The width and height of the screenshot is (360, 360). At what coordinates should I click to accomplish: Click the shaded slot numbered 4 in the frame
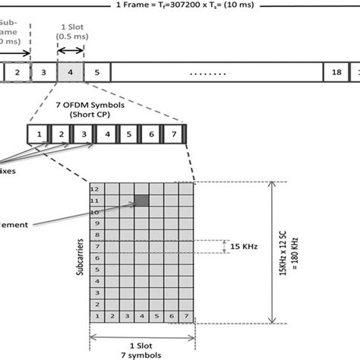pos(71,73)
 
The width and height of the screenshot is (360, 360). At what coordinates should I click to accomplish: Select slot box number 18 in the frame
pos(335,73)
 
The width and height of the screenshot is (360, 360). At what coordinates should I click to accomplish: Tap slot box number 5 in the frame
pos(97,73)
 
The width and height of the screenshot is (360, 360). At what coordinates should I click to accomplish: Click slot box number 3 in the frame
pos(44,73)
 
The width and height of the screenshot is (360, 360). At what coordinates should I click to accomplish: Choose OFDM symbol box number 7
pos(175,134)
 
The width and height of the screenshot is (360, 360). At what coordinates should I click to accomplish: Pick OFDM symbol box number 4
pos(107,134)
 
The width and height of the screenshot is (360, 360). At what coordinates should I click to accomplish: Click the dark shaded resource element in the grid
pos(142,201)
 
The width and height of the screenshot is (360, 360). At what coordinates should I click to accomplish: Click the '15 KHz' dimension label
pos(250,245)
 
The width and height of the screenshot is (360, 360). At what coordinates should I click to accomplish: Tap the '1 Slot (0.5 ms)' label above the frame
pos(71,35)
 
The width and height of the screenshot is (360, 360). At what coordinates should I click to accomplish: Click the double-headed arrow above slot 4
pos(71,52)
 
